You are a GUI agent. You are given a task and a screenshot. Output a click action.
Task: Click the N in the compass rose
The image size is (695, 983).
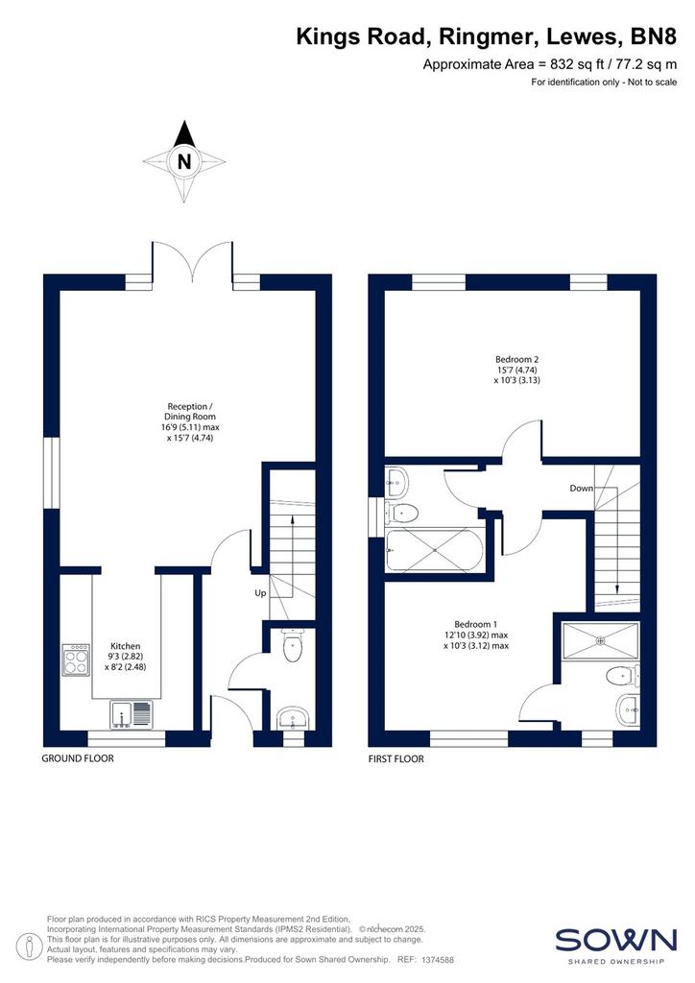[183, 161]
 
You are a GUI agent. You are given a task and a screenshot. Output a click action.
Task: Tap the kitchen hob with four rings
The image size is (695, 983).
[75, 660]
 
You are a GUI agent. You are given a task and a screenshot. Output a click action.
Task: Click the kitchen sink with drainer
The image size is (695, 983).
[131, 714]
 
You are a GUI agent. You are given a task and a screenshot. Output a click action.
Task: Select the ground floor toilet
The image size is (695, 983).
[293, 646]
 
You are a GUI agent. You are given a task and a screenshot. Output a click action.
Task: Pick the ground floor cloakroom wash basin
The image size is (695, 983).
[293, 718]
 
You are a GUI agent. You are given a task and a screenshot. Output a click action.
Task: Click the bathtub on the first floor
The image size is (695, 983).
[435, 550]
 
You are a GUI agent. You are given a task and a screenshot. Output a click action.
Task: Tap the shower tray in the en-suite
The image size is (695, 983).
[601, 640]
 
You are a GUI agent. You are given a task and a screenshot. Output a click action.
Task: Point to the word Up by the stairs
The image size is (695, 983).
[260, 593]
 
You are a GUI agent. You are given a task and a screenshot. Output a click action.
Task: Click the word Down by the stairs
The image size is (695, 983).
[581, 488]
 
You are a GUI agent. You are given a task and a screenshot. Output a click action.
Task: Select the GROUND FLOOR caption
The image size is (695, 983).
[78, 758]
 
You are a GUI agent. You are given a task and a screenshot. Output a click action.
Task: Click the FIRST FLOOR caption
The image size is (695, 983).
[396, 758]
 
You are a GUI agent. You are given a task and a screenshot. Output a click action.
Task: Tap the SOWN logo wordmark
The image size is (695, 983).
[616, 941]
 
